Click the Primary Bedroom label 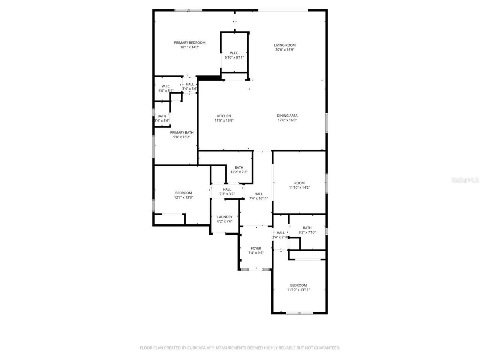point(189,43)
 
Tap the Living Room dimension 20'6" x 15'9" point(285,49)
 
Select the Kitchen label point(224,116)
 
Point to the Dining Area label point(287,116)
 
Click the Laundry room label point(225,217)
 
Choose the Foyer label point(256,248)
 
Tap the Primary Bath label point(182,132)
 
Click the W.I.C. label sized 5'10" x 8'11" point(234,53)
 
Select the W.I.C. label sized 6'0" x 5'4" point(166,86)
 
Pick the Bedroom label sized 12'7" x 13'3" point(183,193)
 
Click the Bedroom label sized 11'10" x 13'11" point(298,285)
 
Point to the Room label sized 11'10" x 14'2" point(299,183)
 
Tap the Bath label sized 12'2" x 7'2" point(239,168)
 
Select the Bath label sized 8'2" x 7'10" point(307,228)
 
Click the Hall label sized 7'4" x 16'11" point(258,194)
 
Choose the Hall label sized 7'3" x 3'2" point(227,189)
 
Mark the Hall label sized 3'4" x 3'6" point(190,84)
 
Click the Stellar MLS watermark point(465,180)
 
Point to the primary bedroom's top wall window point(188,10)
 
